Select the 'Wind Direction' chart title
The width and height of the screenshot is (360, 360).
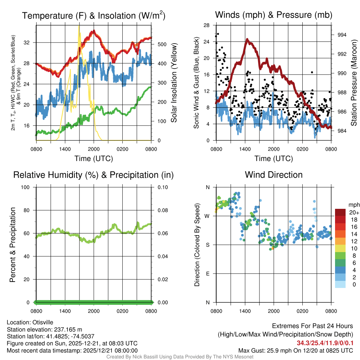274,175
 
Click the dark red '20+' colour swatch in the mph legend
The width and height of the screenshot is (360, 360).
340,212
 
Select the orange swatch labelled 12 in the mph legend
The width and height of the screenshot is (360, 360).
340,241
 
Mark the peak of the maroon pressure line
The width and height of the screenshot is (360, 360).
247,39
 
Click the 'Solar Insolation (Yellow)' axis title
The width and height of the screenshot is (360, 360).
174,83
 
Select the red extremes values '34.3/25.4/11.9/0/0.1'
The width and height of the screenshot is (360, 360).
325,343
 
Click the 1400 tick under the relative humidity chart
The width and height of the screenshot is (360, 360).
65,311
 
